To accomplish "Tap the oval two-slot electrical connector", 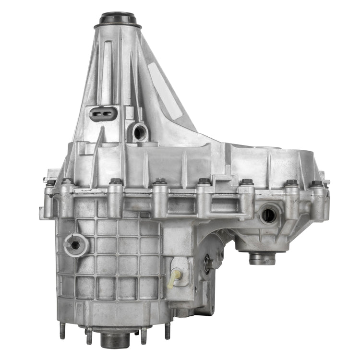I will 103,114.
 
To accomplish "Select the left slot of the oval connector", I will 97,114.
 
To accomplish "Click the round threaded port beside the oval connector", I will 140,132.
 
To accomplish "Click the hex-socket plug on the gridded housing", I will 75,245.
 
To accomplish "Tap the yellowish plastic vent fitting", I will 176,276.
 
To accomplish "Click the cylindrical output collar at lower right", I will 262,259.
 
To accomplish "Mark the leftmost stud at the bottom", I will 62,330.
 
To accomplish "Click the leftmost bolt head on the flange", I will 50,183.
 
